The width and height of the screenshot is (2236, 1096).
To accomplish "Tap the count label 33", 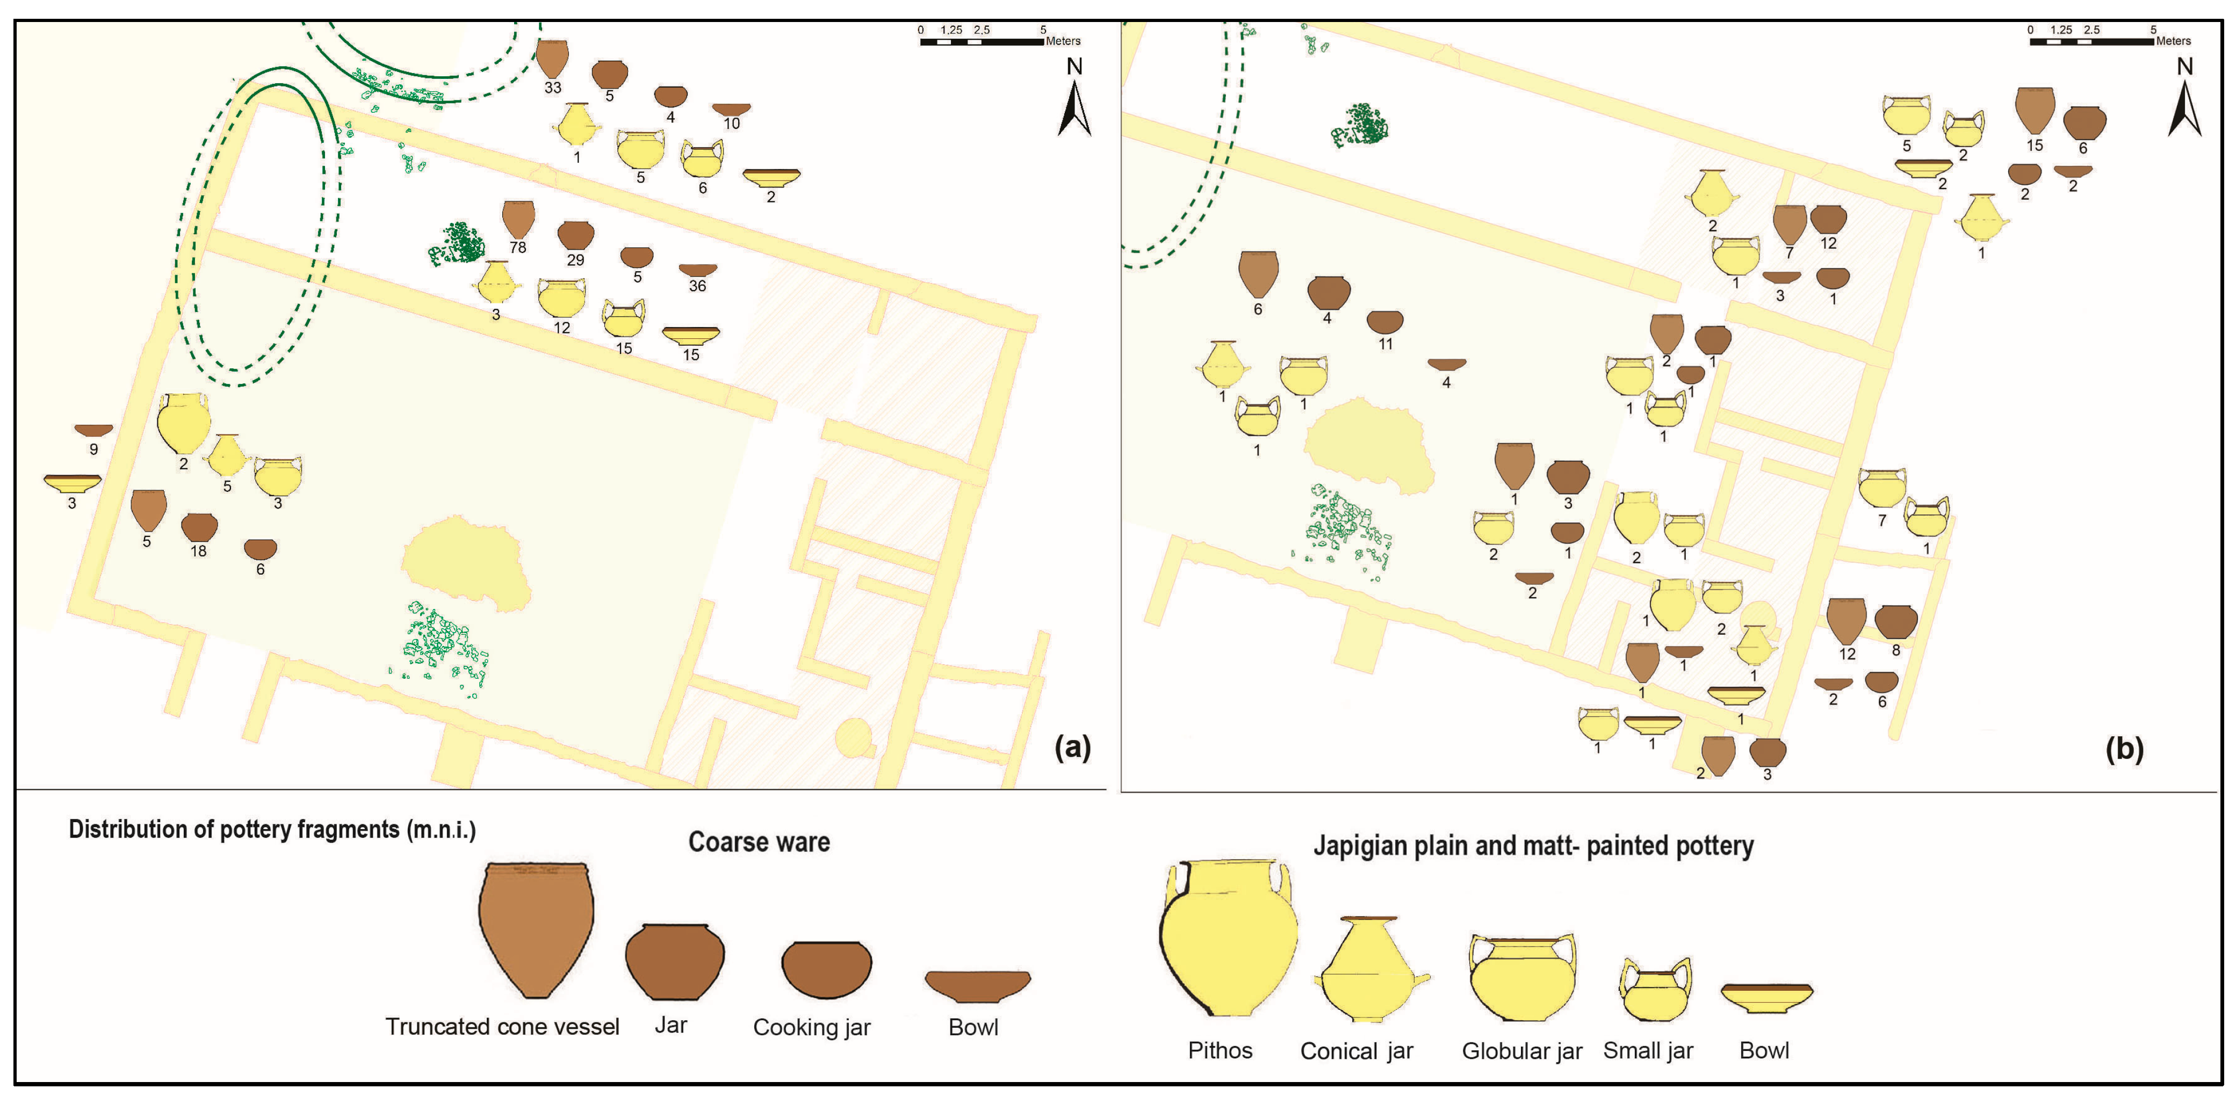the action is [553, 88].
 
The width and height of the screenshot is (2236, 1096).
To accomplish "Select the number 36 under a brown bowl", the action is [697, 286].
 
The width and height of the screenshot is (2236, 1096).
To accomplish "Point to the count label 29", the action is [575, 259].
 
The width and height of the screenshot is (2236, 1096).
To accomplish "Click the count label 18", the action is [199, 551].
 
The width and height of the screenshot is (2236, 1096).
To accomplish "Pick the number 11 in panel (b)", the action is [1386, 344].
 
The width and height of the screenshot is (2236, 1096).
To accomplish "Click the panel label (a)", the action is [1072, 746].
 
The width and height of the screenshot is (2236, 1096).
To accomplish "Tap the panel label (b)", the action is [2124, 748].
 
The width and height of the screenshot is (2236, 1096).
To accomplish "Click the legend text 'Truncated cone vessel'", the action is [502, 1027].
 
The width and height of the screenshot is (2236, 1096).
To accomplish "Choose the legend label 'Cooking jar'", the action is [812, 1027].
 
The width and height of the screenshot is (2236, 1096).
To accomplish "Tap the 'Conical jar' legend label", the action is [1357, 1051].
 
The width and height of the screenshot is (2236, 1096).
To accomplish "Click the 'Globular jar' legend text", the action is [1521, 1051].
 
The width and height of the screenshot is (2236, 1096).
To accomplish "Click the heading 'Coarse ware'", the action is [759, 842].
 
